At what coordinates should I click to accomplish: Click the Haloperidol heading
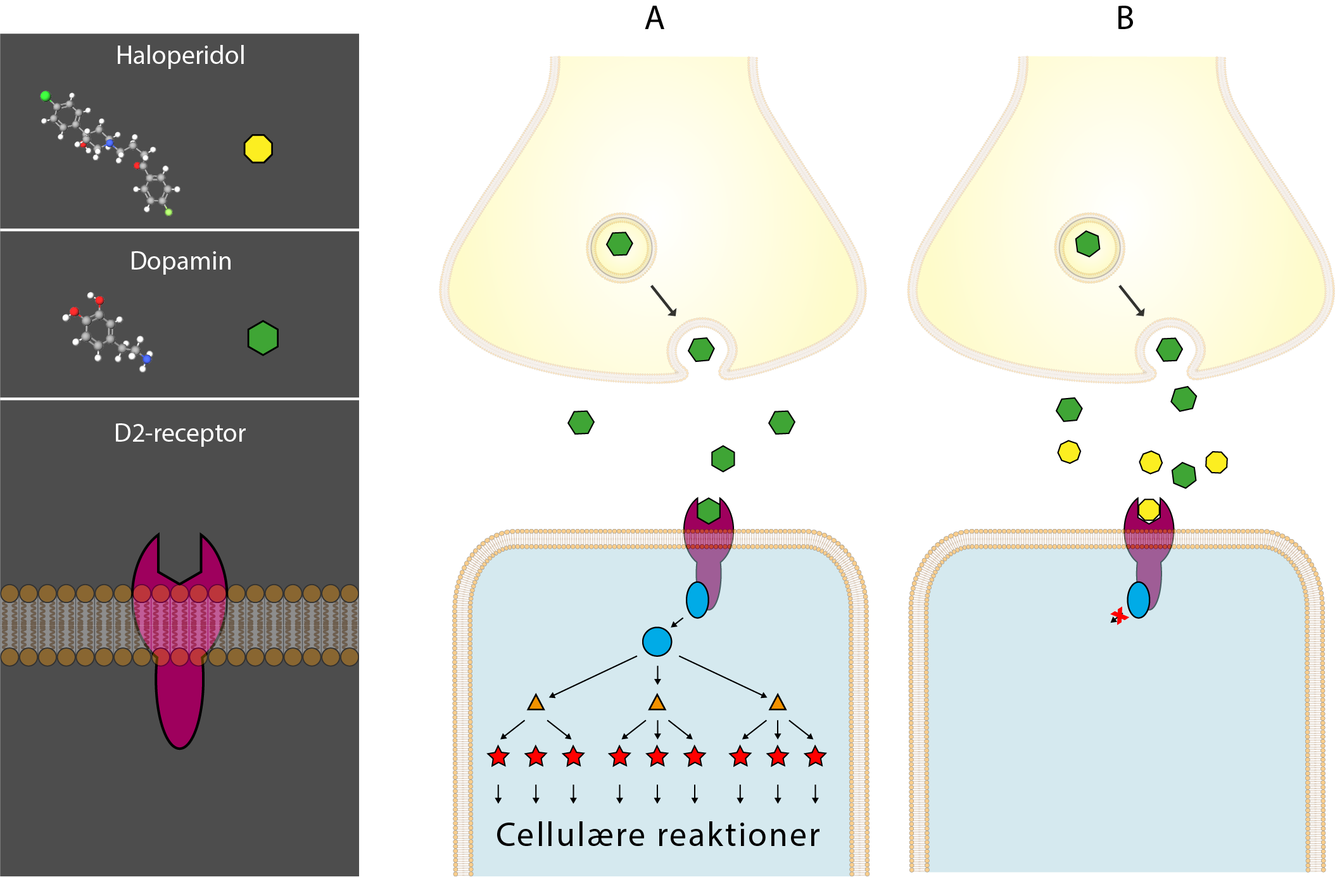pos(180,56)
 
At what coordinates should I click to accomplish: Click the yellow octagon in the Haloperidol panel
pos(258,149)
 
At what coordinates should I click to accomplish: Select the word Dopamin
pos(180,261)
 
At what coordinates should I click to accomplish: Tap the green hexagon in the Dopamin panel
pos(263,338)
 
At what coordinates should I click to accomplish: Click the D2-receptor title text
pos(180,433)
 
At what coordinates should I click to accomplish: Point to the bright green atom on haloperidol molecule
pos(45,96)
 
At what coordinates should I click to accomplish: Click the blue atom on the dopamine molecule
pos(147,359)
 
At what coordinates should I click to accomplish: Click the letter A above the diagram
pos(654,18)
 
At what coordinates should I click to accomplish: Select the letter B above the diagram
pos(1125,18)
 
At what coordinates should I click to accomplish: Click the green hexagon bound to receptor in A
pos(708,510)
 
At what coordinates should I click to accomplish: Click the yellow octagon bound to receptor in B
pos(1148,509)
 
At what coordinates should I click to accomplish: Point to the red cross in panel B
pos(1119,616)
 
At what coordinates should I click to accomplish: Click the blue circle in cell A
pos(657,642)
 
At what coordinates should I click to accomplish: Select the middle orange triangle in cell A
pos(657,702)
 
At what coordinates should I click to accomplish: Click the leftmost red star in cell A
pos(498,756)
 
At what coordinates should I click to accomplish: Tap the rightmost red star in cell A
pos(815,756)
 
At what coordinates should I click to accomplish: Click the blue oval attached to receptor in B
pos(1138,600)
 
